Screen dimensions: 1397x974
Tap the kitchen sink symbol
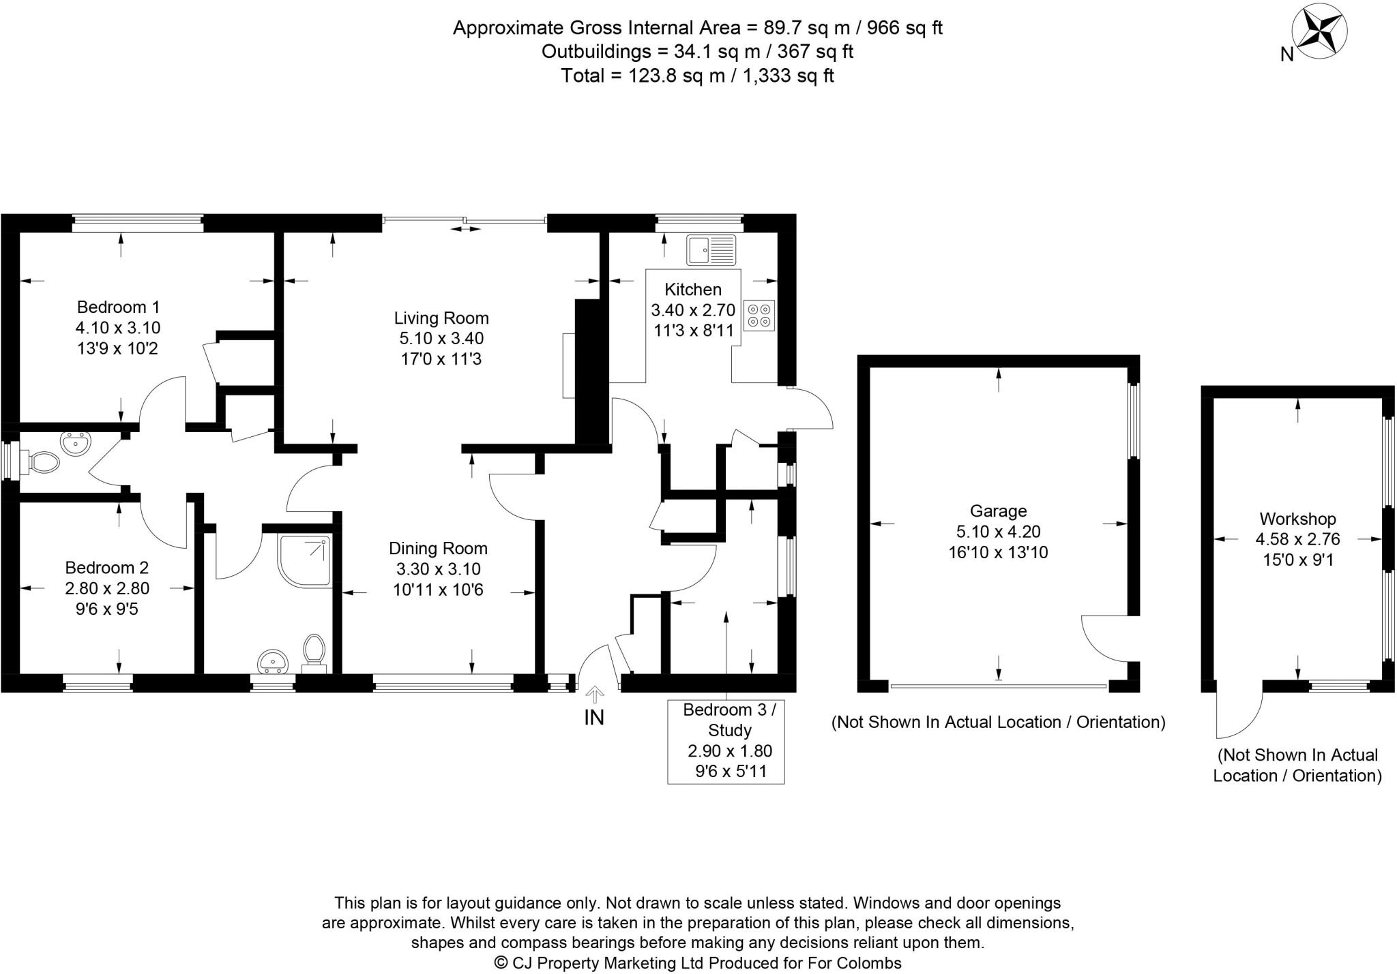click(x=711, y=249)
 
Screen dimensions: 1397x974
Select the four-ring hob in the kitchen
click(x=759, y=315)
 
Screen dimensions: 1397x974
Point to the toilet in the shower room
click(x=314, y=653)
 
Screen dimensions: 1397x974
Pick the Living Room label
click(x=441, y=318)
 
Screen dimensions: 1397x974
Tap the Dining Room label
click(x=438, y=548)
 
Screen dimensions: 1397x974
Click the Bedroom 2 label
click(x=107, y=567)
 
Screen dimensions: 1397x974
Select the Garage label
click(x=998, y=511)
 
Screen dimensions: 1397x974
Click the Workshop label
click(x=1297, y=519)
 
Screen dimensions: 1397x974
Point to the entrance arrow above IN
click(x=595, y=695)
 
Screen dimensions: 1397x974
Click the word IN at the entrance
click(x=594, y=717)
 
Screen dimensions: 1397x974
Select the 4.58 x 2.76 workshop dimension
click(x=1297, y=539)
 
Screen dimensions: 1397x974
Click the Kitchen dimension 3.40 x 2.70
click(x=693, y=311)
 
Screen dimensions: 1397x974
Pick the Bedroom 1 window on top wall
click(x=138, y=219)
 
